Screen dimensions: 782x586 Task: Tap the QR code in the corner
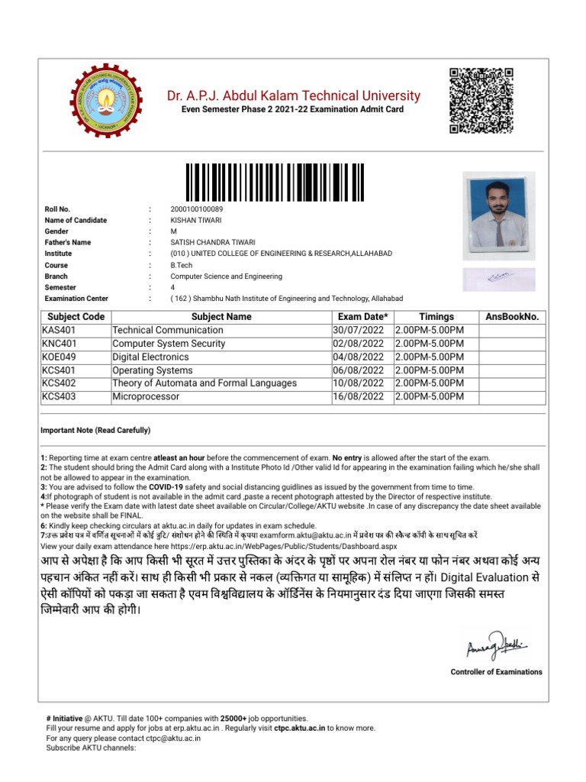[x=480, y=100]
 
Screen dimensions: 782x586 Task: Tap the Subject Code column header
[x=76, y=316]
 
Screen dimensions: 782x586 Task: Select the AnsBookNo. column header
[x=511, y=316]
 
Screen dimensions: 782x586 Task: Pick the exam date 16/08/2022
[x=359, y=397]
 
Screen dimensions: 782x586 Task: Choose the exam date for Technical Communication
[x=359, y=330]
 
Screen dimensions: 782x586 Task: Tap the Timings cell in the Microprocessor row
[x=428, y=397]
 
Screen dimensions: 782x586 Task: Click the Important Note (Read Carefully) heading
[x=95, y=430]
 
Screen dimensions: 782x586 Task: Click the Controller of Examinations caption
[x=497, y=672]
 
